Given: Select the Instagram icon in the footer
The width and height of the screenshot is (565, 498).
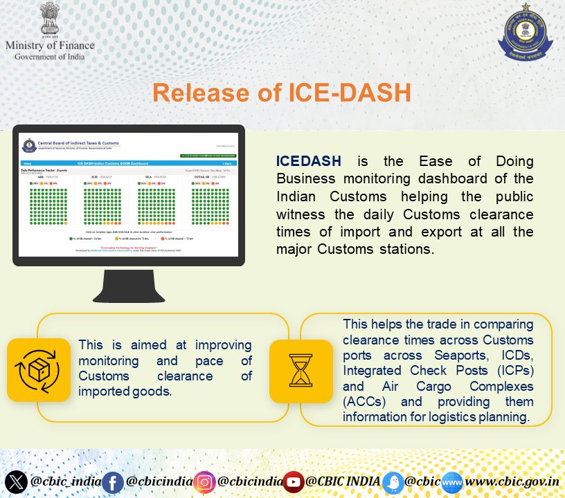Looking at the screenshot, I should [204, 481].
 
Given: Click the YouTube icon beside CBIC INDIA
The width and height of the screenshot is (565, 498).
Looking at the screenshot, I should [294, 481].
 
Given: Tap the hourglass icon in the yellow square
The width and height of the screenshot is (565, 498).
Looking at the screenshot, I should [301, 362].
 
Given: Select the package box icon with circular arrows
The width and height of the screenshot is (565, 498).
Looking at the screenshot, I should [39, 369].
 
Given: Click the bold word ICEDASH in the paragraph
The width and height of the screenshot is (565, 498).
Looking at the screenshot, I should [308, 161].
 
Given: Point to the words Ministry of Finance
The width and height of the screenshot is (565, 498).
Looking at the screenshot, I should [50, 45].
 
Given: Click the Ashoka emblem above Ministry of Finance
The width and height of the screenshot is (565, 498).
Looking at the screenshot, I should [50, 19].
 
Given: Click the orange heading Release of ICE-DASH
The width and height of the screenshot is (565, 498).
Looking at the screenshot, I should [282, 92].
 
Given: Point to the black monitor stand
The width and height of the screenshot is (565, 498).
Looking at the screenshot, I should [129, 286].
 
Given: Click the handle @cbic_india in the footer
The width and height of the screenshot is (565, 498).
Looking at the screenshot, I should [62, 481].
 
